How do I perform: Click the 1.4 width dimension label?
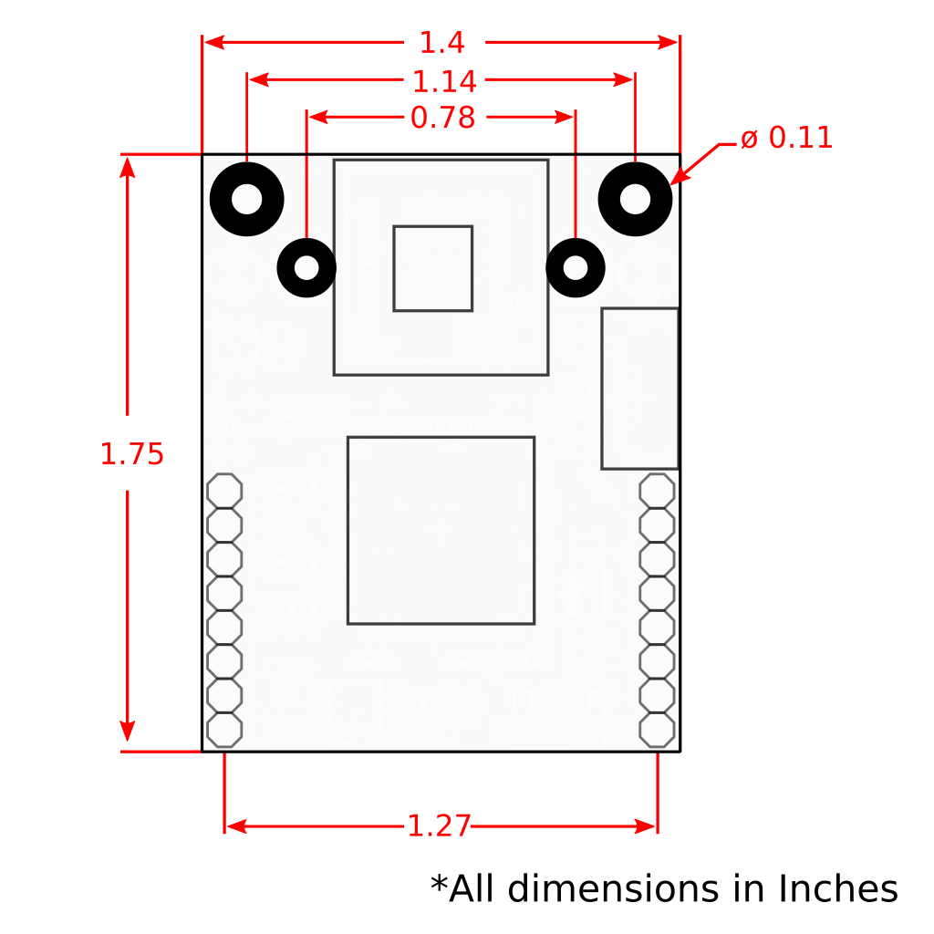(x=441, y=43)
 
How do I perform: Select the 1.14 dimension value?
(x=444, y=82)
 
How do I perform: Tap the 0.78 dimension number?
(x=442, y=119)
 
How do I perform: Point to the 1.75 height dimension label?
(x=131, y=454)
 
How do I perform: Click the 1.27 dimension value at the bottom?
(x=439, y=826)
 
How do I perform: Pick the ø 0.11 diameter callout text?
(x=786, y=139)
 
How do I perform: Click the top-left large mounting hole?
(x=247, y=199)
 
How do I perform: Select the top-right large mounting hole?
(x=636, y=199)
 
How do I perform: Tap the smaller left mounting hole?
(x=306, y=268)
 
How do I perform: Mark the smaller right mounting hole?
(x=576, y=268)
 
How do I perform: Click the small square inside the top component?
(x=432, y=268)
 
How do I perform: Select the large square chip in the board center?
(x=441, y=530)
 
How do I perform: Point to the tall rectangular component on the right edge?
(x=639, y=389)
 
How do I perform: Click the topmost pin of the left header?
(x=224, y=491)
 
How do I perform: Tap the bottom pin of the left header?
(x=224, y=730)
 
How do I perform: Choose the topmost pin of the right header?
(x=658, y=491)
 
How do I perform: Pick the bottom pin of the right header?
(x=658, y=730)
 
